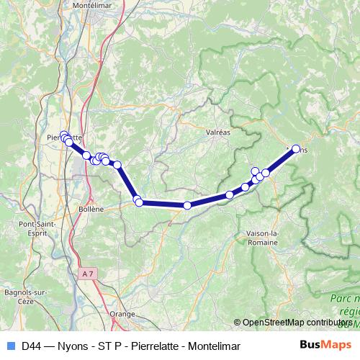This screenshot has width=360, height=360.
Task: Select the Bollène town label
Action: [x=91, y=208]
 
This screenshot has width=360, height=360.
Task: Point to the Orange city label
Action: [x=122, y=314]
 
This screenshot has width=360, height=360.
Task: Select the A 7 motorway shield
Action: [x=87, y=274]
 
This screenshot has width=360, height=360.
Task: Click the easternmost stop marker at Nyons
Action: [x=295, y=149]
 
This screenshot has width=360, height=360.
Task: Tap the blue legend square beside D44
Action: [x=8, y=346]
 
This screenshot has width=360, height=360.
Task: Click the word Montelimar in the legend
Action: [x=215, y=346]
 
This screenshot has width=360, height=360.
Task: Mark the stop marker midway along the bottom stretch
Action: [x=187, y=205]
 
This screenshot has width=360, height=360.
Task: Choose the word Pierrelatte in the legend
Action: [x=152, y=346]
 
